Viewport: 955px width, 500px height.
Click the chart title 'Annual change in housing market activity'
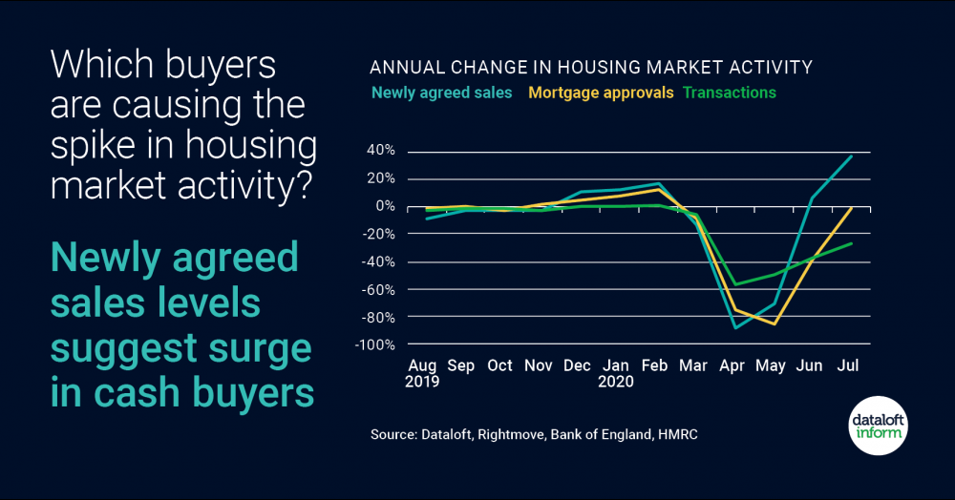tap(590, 68)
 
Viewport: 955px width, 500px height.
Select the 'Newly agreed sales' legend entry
tap(441, 93)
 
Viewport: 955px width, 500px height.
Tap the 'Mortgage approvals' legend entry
tap(601, 93)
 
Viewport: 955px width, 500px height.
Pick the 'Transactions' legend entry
tap(729, 93)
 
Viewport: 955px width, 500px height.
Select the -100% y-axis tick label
tap(377, 344)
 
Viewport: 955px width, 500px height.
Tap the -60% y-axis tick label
tap(380, 289)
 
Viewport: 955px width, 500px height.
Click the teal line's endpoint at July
tap(851, 156)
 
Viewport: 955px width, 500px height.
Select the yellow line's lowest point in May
tap(775, 324)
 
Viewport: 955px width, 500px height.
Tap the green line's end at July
tap(851, 243)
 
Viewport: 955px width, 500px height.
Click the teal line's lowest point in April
tap(735, 327)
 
